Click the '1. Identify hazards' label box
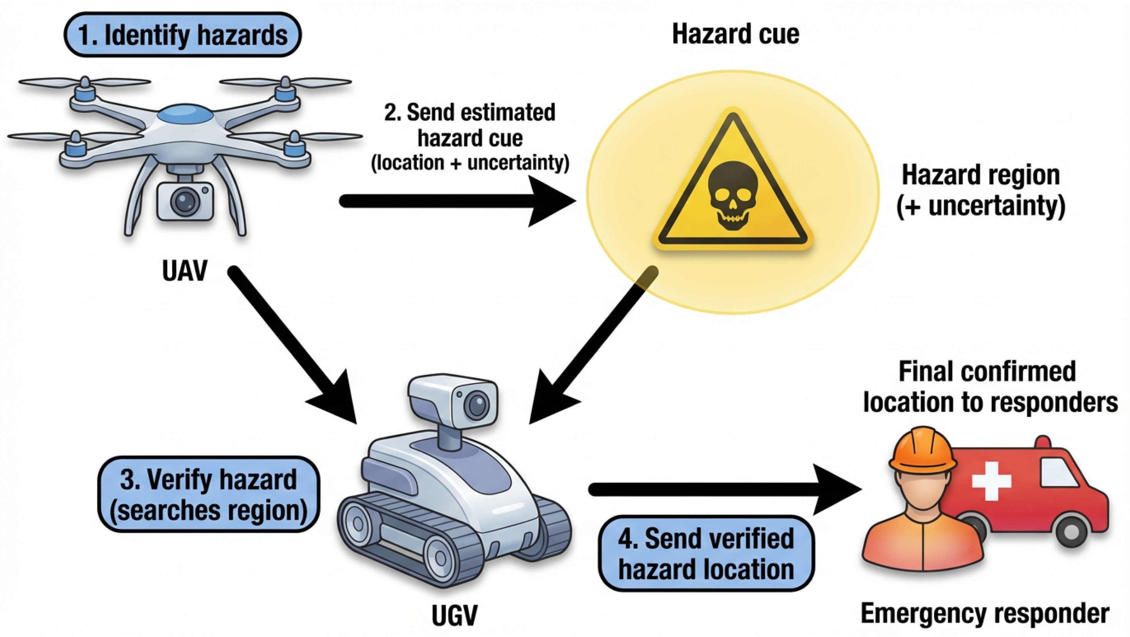tap(182, 35)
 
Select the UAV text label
tap(184, 271)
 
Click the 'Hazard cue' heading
tap(736, 34)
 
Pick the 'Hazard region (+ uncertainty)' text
tap(981, 190)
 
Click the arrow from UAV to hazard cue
tap(456, 201)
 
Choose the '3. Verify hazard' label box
tap(209, 495)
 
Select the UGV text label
tap(454, 615)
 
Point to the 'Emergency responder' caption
tap(985, 613)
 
